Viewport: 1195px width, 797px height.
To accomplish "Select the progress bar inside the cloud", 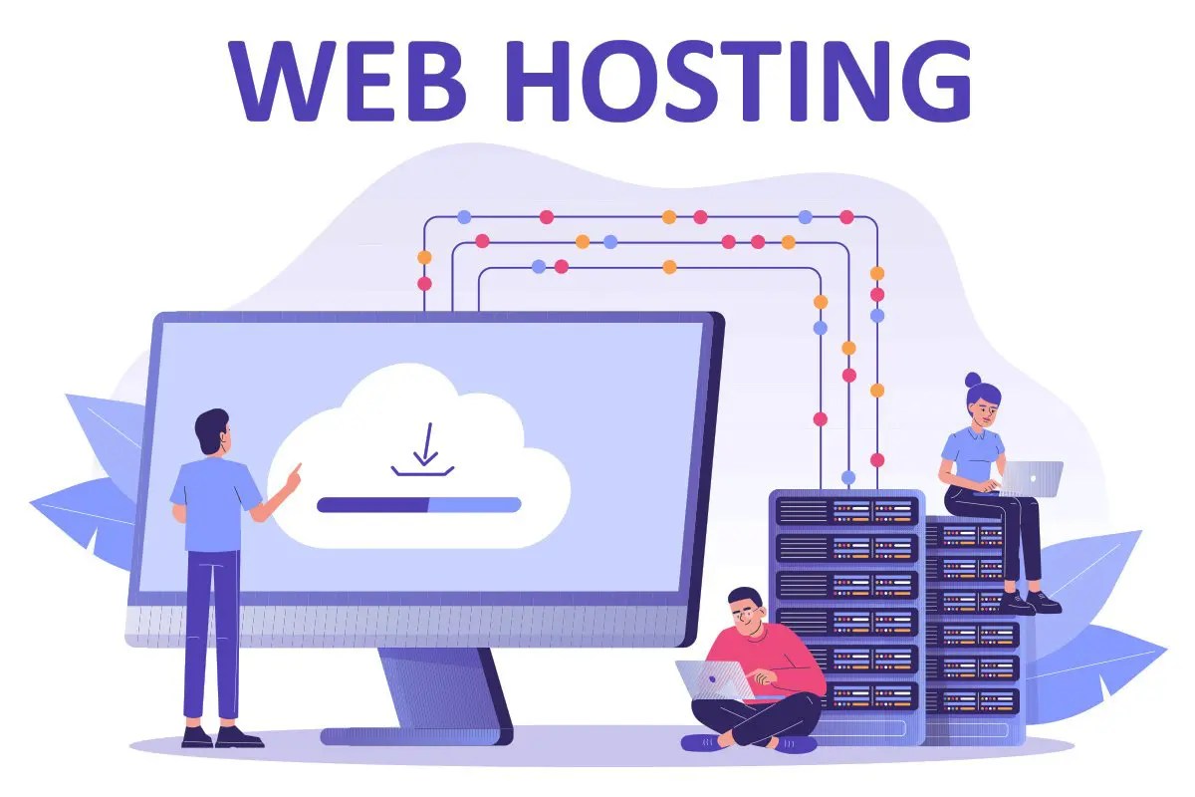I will coord(418,505).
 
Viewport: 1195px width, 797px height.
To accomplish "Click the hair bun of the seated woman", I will coord(973,382).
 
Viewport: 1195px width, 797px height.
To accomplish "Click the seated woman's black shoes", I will coord(1031,602).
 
